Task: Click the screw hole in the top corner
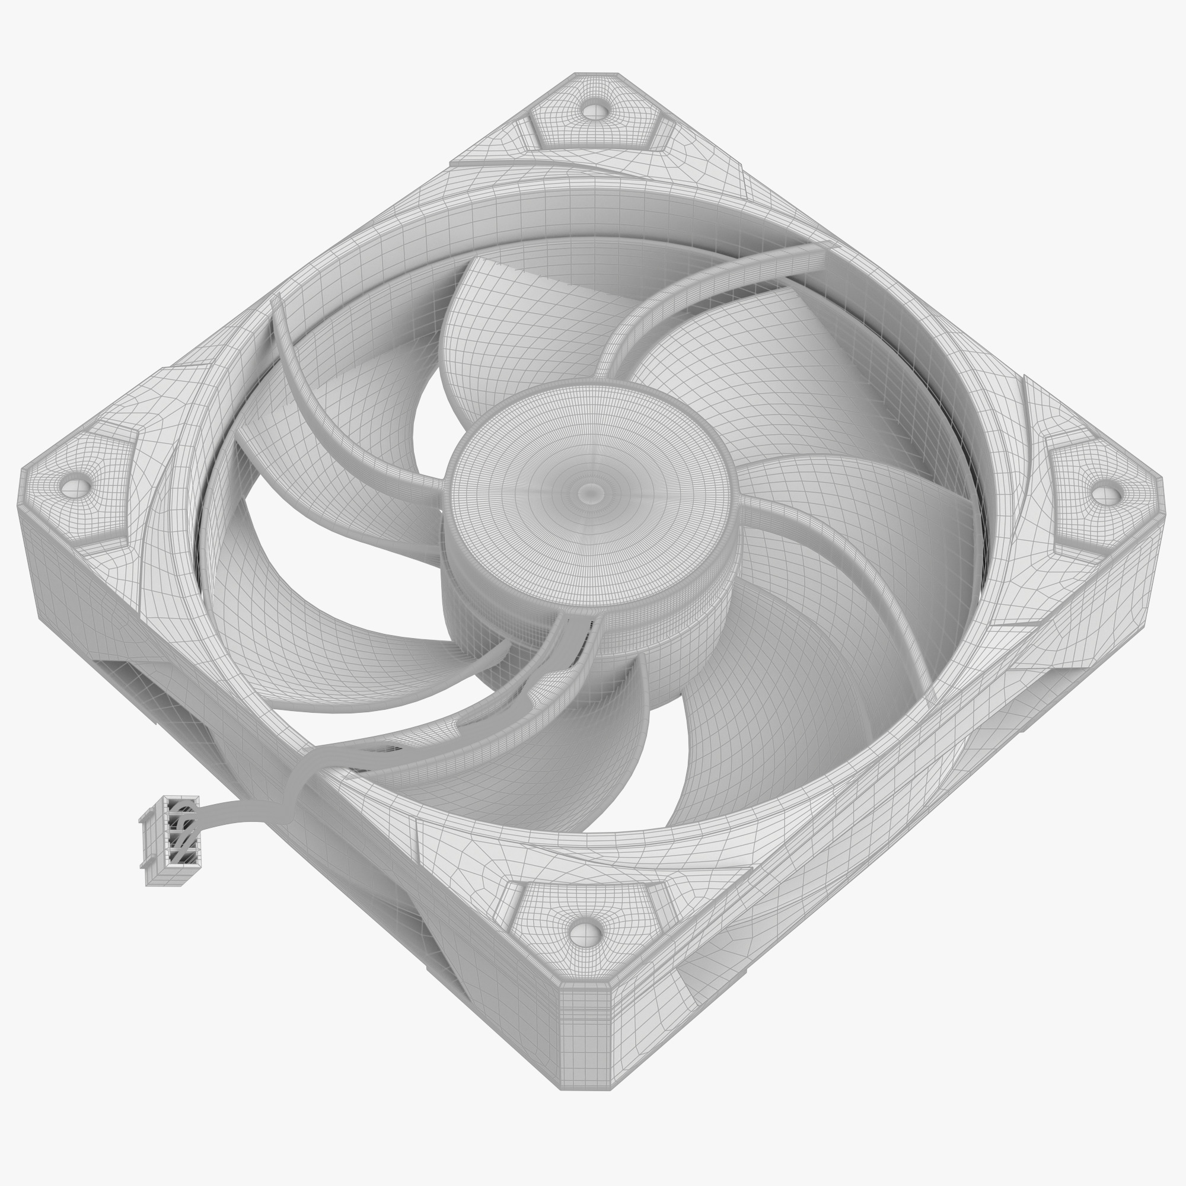[x=592, y=111]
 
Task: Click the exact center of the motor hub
[x=591, y=492]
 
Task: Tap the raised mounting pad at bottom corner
[x=586, y=921]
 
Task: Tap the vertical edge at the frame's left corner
[x=31, y=553]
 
